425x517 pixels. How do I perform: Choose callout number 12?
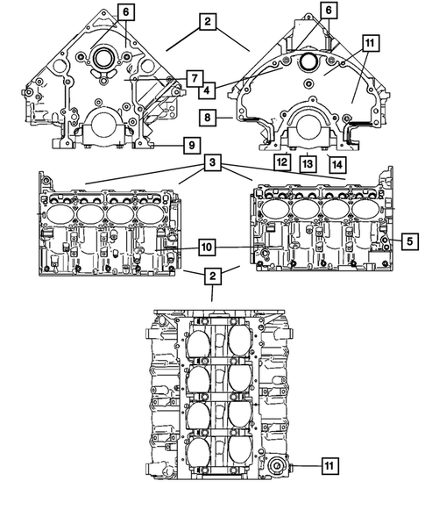tap(280, 162)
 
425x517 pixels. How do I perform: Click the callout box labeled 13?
tap(308, 162)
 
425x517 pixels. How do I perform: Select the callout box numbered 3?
tap(213, 163)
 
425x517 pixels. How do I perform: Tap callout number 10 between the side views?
tap(206, 248)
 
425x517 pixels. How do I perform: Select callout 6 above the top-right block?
tap(328, 10)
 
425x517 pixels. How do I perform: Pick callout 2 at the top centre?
tap(207, 24)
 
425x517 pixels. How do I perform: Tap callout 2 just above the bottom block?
tap(211, 277)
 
